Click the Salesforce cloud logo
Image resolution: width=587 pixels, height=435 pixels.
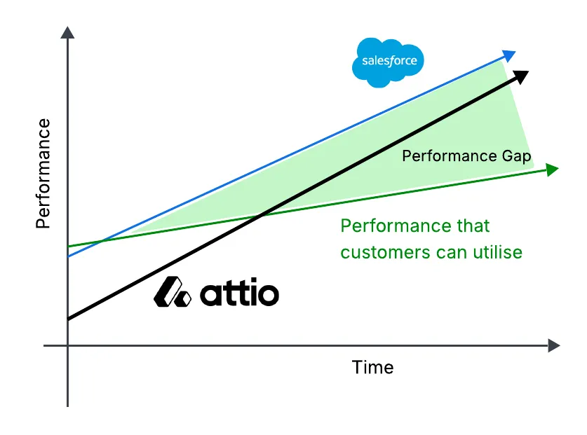click(x=389, y=62)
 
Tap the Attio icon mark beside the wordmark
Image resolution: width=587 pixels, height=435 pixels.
click(x=172, y=292)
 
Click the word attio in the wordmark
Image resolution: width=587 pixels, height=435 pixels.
click(x=240, y=293)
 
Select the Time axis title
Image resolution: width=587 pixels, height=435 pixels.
click(x=372, y=367)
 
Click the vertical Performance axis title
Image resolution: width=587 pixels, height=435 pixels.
click(x=43, y=174)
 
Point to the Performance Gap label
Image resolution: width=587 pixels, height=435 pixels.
click(x=466, y=156)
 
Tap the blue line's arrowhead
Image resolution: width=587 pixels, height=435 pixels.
click(x=510, y=55)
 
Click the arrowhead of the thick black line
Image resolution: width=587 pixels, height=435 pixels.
click(x=521, y=76)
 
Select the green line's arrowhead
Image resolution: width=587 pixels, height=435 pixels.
click(x=552, y=169)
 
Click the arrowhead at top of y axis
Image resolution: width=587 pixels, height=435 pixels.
click(x=67, y=32)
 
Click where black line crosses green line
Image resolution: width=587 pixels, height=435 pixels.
click(x=261, y=215)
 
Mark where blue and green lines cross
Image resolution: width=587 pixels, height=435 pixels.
click(x=103, y=242)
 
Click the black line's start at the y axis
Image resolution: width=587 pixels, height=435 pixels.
click(x=68, y=319)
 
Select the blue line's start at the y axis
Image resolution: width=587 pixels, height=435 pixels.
click(x=68, y=256)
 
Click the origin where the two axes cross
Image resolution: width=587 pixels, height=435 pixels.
click(x=68, y=345)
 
